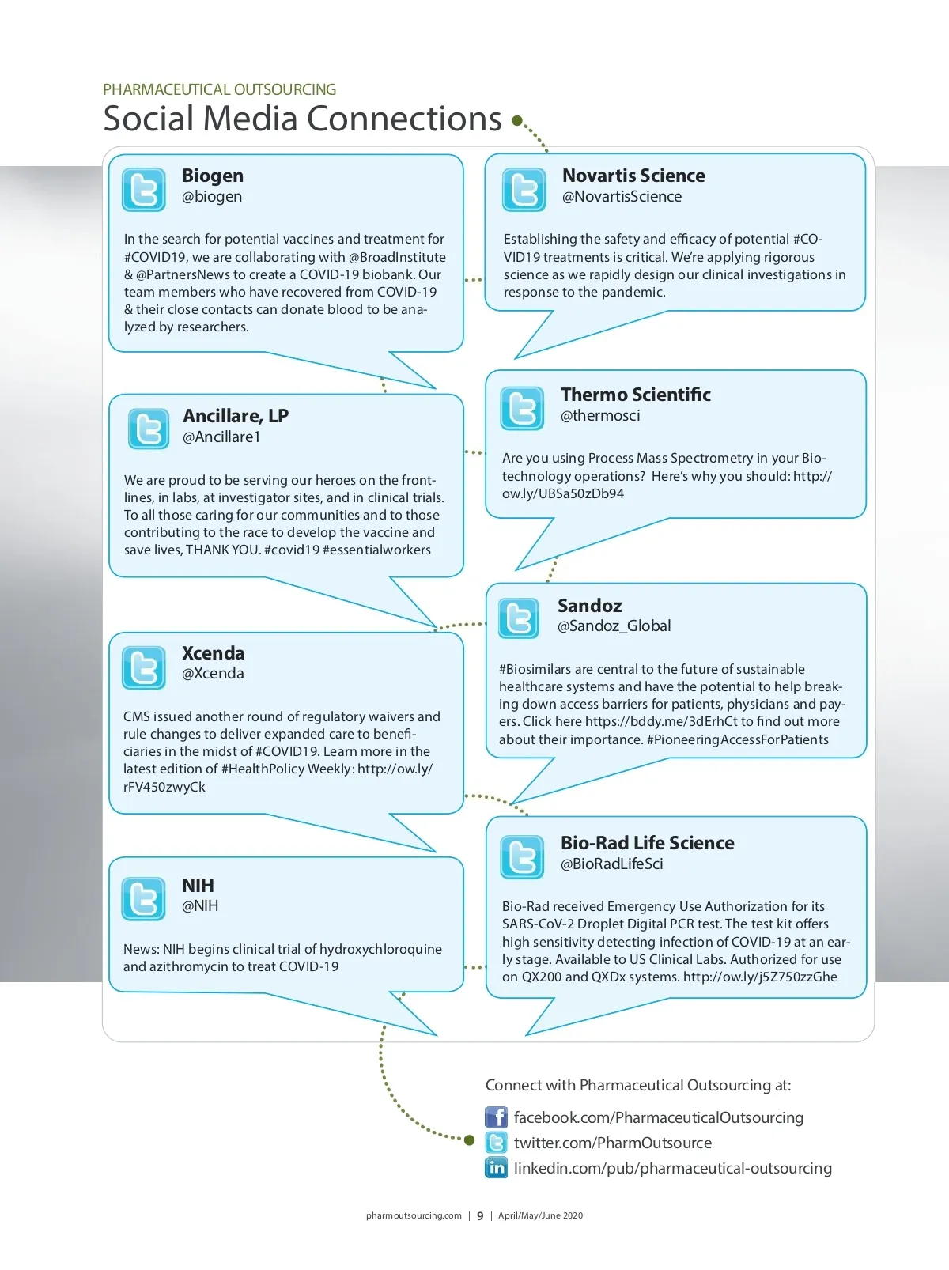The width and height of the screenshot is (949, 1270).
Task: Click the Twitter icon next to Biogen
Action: pyautogui.click(x=144, y=190)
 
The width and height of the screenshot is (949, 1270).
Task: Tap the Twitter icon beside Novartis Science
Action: pyautogui.click(x=524, y=190)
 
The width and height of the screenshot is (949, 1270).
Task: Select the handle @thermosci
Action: pyautogui.click(x=600, y=416)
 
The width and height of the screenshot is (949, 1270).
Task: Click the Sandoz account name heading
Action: pyautogui.click(x=589, y=606)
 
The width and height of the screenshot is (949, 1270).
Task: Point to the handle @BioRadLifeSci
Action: pyautogui.click(x=611, y=864)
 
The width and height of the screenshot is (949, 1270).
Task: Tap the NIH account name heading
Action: pyautogui.click(x=198, y=886)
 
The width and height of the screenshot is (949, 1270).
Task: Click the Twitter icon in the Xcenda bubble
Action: pyautogui.click(x=144, y=667)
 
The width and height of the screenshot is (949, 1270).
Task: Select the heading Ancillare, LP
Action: pyautogui.click(x=236, y=416)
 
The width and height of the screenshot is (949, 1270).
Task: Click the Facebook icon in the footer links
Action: pyautogui.click(x=496, y=1117)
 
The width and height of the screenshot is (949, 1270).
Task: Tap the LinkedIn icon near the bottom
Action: pyautogui.click(x=496, y=1167)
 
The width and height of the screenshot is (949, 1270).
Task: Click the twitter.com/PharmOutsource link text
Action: pyautogui.click(x=612, y=1143)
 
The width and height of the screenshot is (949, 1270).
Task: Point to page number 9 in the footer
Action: pyautogui.click(x=480, y=1216)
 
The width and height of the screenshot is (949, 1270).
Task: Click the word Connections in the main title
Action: pyautogui.click(x=403, y=119)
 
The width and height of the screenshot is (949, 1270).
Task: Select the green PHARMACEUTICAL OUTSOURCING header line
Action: pyautogui.click(x=219, y=89)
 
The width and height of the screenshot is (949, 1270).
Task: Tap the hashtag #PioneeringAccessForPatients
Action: pyautogui.click(x=737, y=739)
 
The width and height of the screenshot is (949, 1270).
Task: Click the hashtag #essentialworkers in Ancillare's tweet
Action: pyautogui.click(x=376, y=550)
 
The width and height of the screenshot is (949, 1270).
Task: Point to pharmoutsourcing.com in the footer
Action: pyautogui.click(x=414, y=1216)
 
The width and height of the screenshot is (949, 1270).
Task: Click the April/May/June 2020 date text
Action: pyautogui.click(x=540, y=1216)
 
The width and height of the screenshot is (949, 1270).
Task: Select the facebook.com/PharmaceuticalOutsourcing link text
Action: pyautogui.click(x=658, y=1117)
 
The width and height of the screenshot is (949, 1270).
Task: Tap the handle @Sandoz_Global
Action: pyautogui.click(x=614, y=626)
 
